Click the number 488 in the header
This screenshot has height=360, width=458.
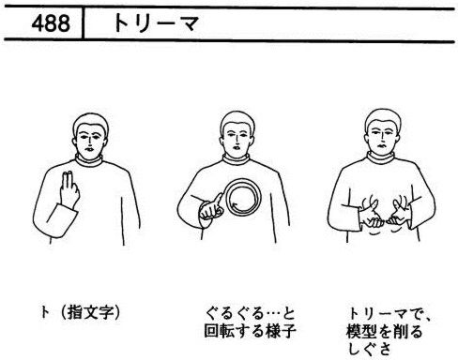point(51,23)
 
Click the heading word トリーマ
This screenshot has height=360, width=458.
point(156,23)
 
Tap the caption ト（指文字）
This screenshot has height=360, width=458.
point(80,312)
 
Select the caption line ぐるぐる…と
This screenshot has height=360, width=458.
point(250,314)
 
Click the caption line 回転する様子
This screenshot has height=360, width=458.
point(250,331)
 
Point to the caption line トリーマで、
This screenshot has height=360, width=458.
point(389,314)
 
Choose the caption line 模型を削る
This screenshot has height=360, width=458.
point(384,332)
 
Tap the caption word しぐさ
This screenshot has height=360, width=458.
point(369,348)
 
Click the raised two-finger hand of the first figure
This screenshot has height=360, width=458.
point(69,189)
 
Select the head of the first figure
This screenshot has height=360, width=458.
point(90,136)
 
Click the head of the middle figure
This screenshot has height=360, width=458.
point(237,135)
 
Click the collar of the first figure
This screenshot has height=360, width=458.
point(89,160)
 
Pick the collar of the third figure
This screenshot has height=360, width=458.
point(381,157)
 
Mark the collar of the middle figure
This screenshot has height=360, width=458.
point(237,159)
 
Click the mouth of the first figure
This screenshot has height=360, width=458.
point(88,149)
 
